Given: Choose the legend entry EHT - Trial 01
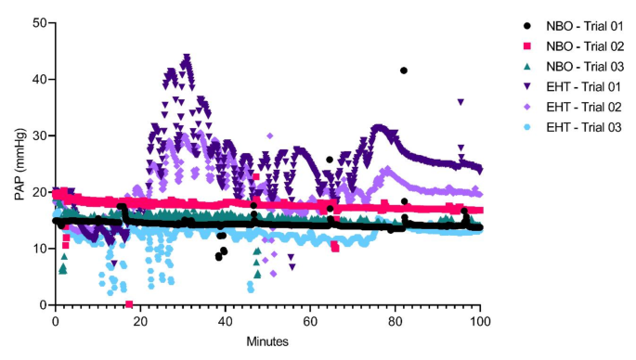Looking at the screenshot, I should click(x=577, y=88).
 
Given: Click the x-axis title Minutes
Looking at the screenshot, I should click(x=267, y=341).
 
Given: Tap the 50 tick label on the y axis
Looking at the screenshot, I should click(x=38, y=22).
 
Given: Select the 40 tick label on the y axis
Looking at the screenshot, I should click(x=38, y=79).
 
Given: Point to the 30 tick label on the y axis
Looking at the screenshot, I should click(x=38, y=135).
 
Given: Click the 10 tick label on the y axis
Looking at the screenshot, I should click(x=38, y=249).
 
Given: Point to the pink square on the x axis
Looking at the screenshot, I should click(x=129, y=304).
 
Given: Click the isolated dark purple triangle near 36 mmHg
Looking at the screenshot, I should click(x=461, y=102).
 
